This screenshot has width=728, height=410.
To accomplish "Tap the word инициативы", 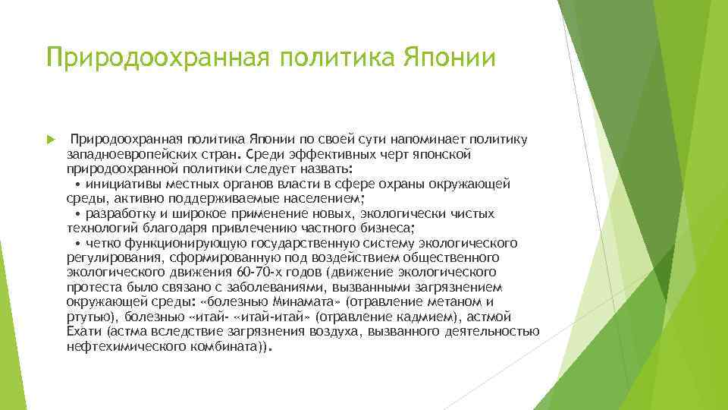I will click(121, 183).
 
